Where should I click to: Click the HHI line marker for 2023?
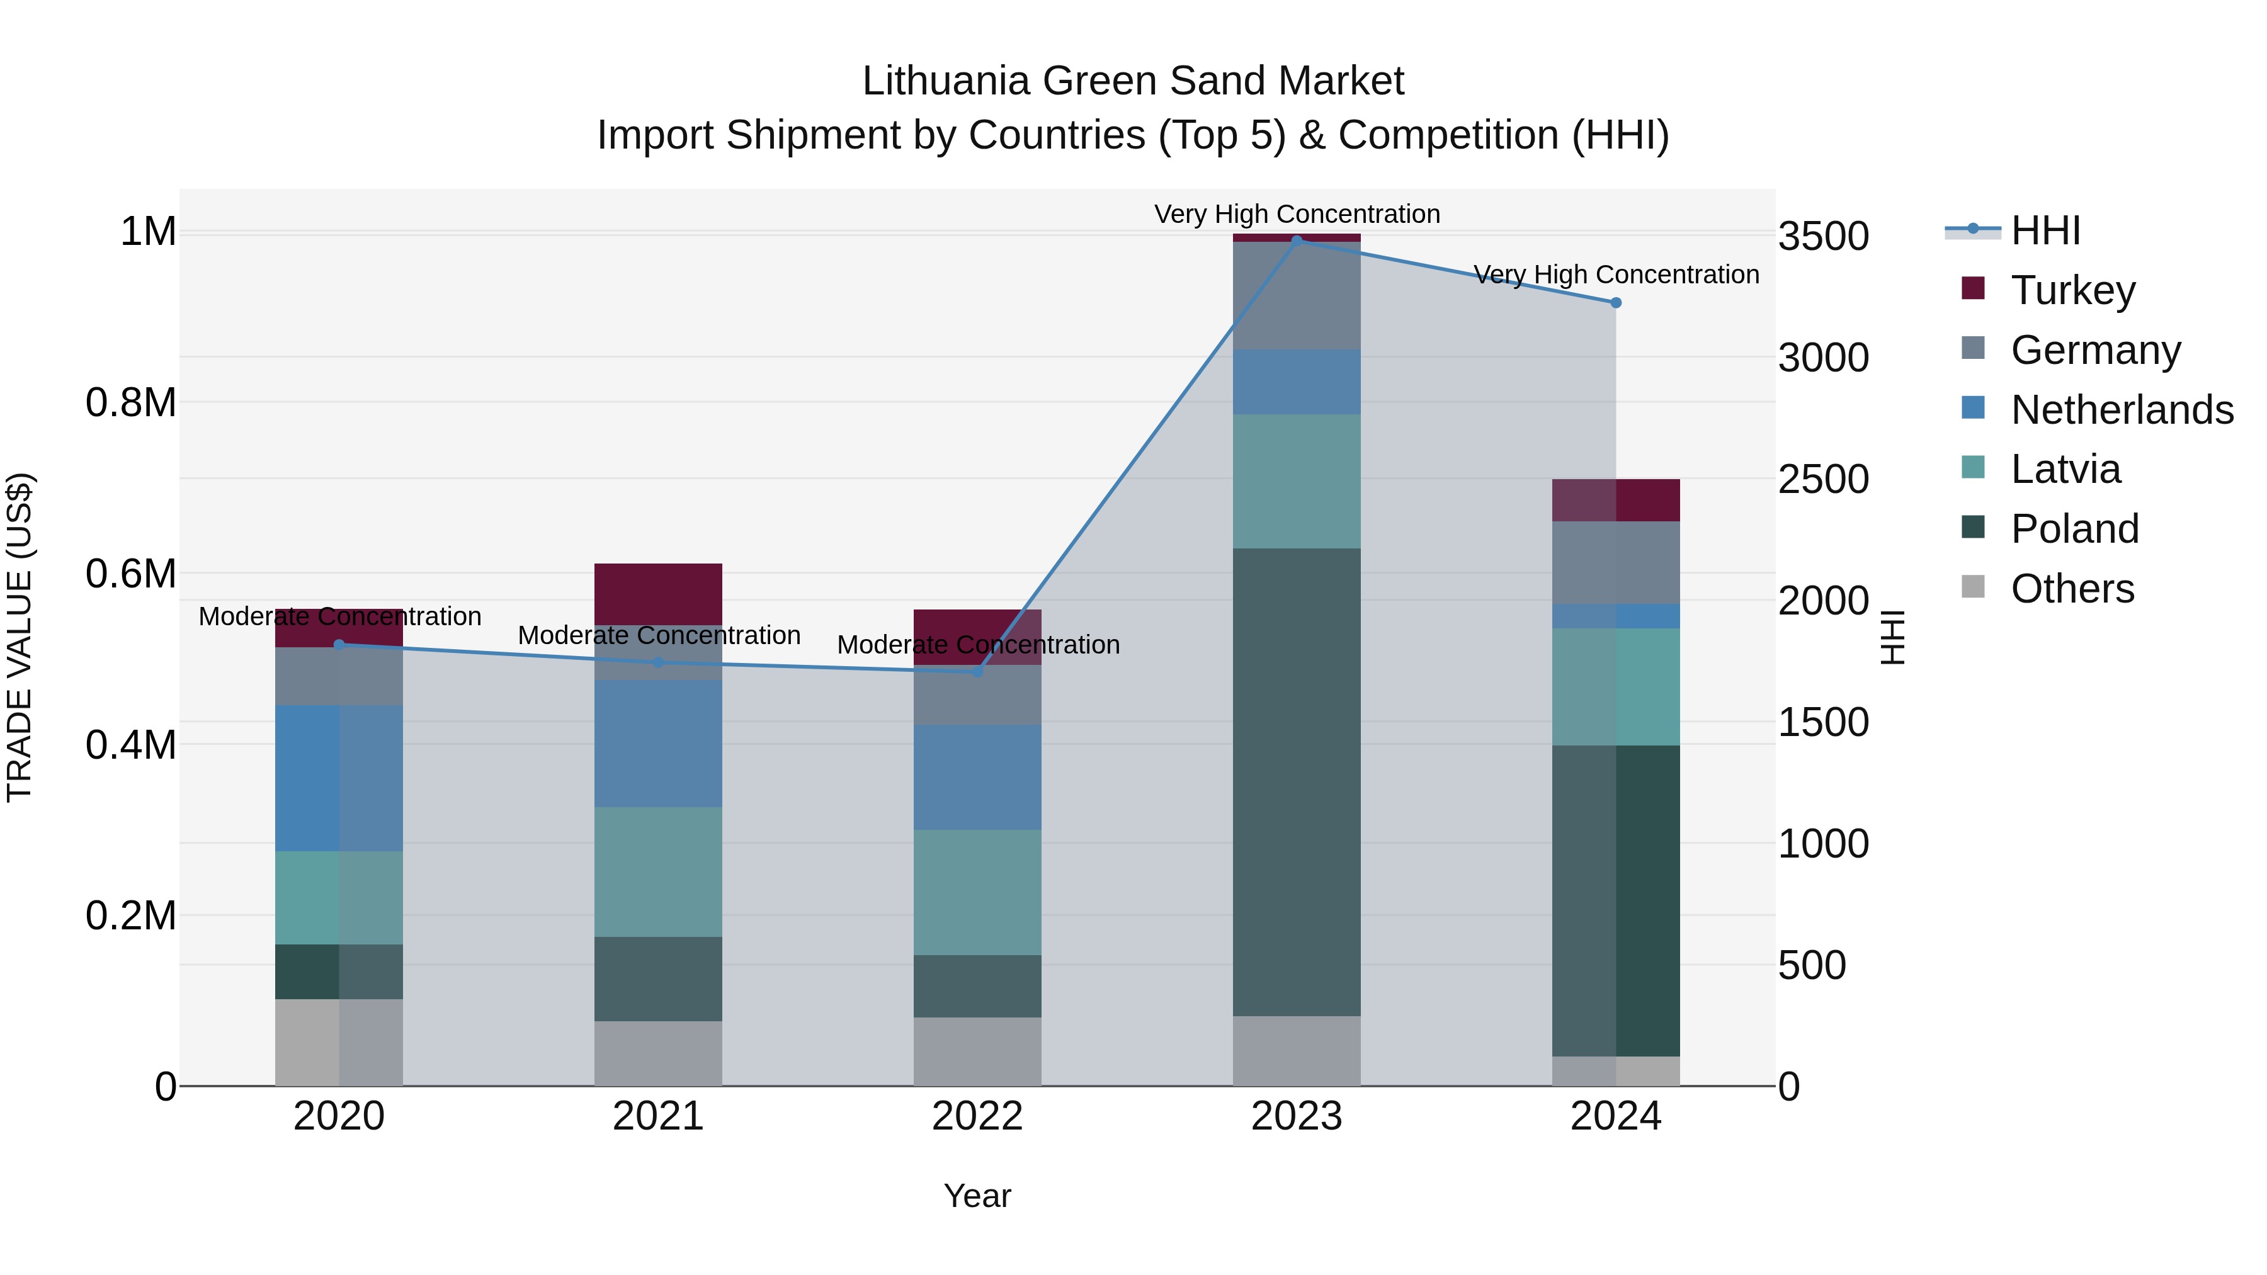(x=1297, y=241)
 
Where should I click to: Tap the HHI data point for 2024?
(x=1616, y=303)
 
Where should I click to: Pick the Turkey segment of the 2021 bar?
(x=658, y=594)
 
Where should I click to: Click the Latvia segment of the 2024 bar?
(x=1616, y=686)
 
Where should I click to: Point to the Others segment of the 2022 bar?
(x=977, y=1051)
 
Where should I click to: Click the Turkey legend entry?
(x=2072, y=290)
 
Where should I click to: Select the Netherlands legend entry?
(x=2122, y=410)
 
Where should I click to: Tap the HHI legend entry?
(x=2045, y=230)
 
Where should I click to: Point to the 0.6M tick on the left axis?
(x=130, y=574)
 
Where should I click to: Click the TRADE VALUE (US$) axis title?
(x=20, y=637)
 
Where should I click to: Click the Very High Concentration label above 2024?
(x=1616, y=275)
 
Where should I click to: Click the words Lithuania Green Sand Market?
(x=1133, y=81)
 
